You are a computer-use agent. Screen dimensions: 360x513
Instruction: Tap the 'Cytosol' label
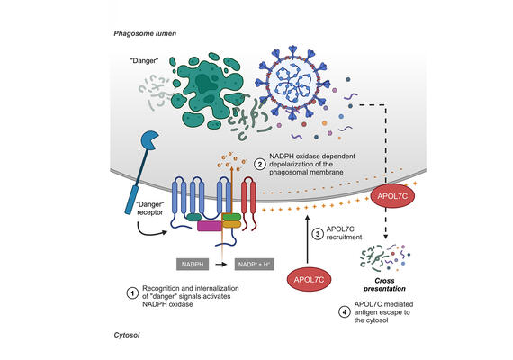pos(129,333)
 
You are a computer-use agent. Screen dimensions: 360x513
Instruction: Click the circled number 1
pos(131,292)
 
